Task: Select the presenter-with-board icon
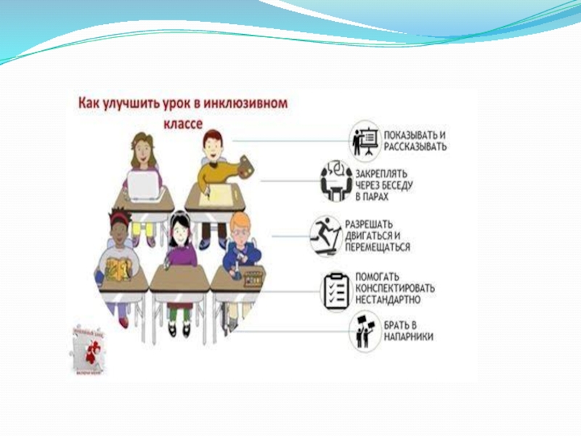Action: pos(364,139)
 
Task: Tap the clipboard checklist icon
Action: pos(335,287)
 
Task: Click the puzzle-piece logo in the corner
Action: pos(88,349)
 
